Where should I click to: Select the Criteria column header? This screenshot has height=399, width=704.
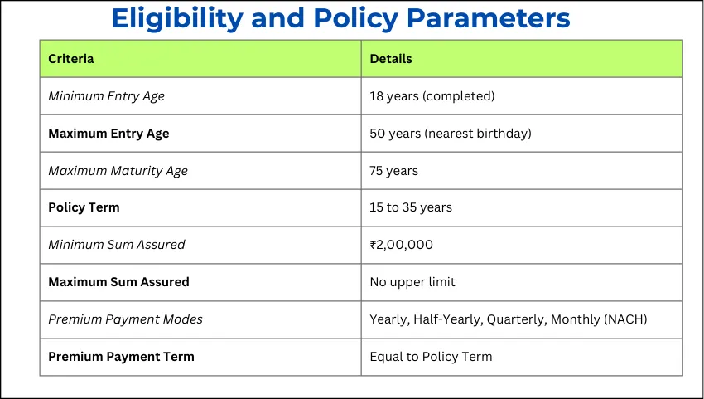point(71,59)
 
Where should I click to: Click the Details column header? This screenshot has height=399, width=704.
point(391,59)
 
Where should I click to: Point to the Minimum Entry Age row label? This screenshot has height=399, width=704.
point(106,96)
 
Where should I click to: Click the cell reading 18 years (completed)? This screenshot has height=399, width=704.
point(432,96)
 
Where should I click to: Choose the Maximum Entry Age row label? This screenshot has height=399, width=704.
point(108,134)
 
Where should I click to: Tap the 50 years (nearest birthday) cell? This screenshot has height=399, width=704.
point(451,134)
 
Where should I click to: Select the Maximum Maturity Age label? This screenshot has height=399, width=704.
point(118,171)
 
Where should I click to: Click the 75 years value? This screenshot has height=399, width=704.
point(393,171)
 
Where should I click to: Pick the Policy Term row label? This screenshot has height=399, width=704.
point(84,207)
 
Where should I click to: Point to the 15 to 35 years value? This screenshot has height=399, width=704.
point(411,207)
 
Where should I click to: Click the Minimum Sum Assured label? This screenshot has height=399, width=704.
point(116,245)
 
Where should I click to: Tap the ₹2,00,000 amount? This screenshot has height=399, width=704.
point(401,245)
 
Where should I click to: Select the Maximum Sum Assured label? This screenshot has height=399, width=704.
point(118,282)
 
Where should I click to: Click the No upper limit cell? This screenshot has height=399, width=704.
point(412,282)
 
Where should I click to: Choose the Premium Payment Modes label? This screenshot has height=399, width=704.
point(125,319)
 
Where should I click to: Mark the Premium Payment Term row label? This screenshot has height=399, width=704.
point(121,357)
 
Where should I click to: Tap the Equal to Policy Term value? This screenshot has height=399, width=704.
point(431,357)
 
